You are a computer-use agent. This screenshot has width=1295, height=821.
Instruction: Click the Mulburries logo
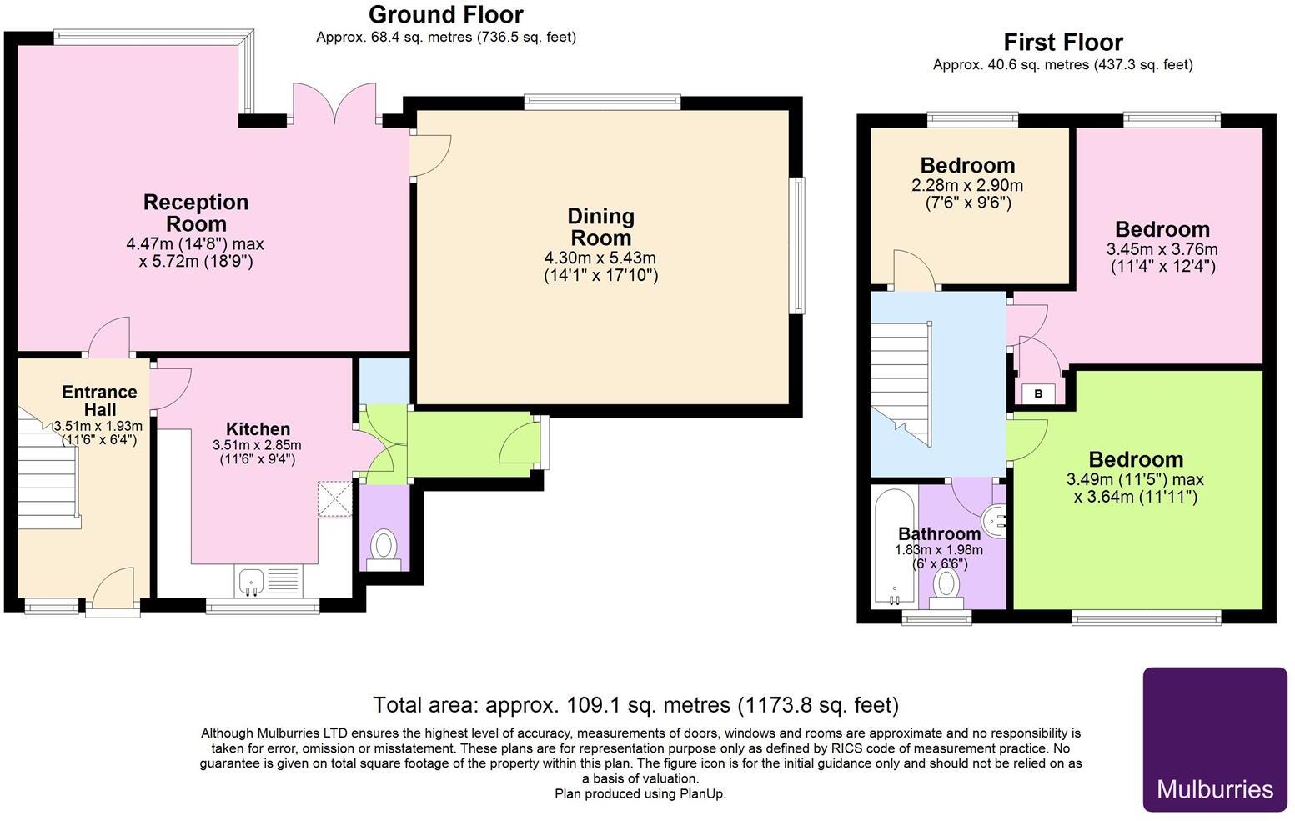coord(1215,740)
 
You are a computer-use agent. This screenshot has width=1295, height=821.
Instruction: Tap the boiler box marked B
coord(1038,394)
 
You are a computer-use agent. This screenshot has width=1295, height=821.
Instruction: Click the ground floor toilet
coord(384,551)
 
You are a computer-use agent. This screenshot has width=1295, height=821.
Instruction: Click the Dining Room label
coord(601,227)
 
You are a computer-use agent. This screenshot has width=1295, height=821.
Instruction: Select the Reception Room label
coord(196,213)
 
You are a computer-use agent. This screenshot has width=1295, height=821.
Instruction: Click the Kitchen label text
coord(258,428)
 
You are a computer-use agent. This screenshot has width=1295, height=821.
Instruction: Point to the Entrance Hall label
coord(99,400)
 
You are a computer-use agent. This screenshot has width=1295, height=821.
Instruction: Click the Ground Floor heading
coord(446,14)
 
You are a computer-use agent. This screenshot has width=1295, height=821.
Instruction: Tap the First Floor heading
coord(1063,43)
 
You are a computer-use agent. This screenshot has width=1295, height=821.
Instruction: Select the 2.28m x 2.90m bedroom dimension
coord(967,186)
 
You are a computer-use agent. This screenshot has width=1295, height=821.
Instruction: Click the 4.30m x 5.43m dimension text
coord(600,258)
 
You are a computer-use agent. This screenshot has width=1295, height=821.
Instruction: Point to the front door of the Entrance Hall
coord(113,588)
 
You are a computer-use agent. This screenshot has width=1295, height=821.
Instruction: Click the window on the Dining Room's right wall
coord(797,245)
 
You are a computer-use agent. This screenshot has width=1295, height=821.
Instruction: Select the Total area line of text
coord(636,705)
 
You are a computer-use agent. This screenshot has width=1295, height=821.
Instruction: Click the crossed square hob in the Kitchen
coord(334,500)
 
